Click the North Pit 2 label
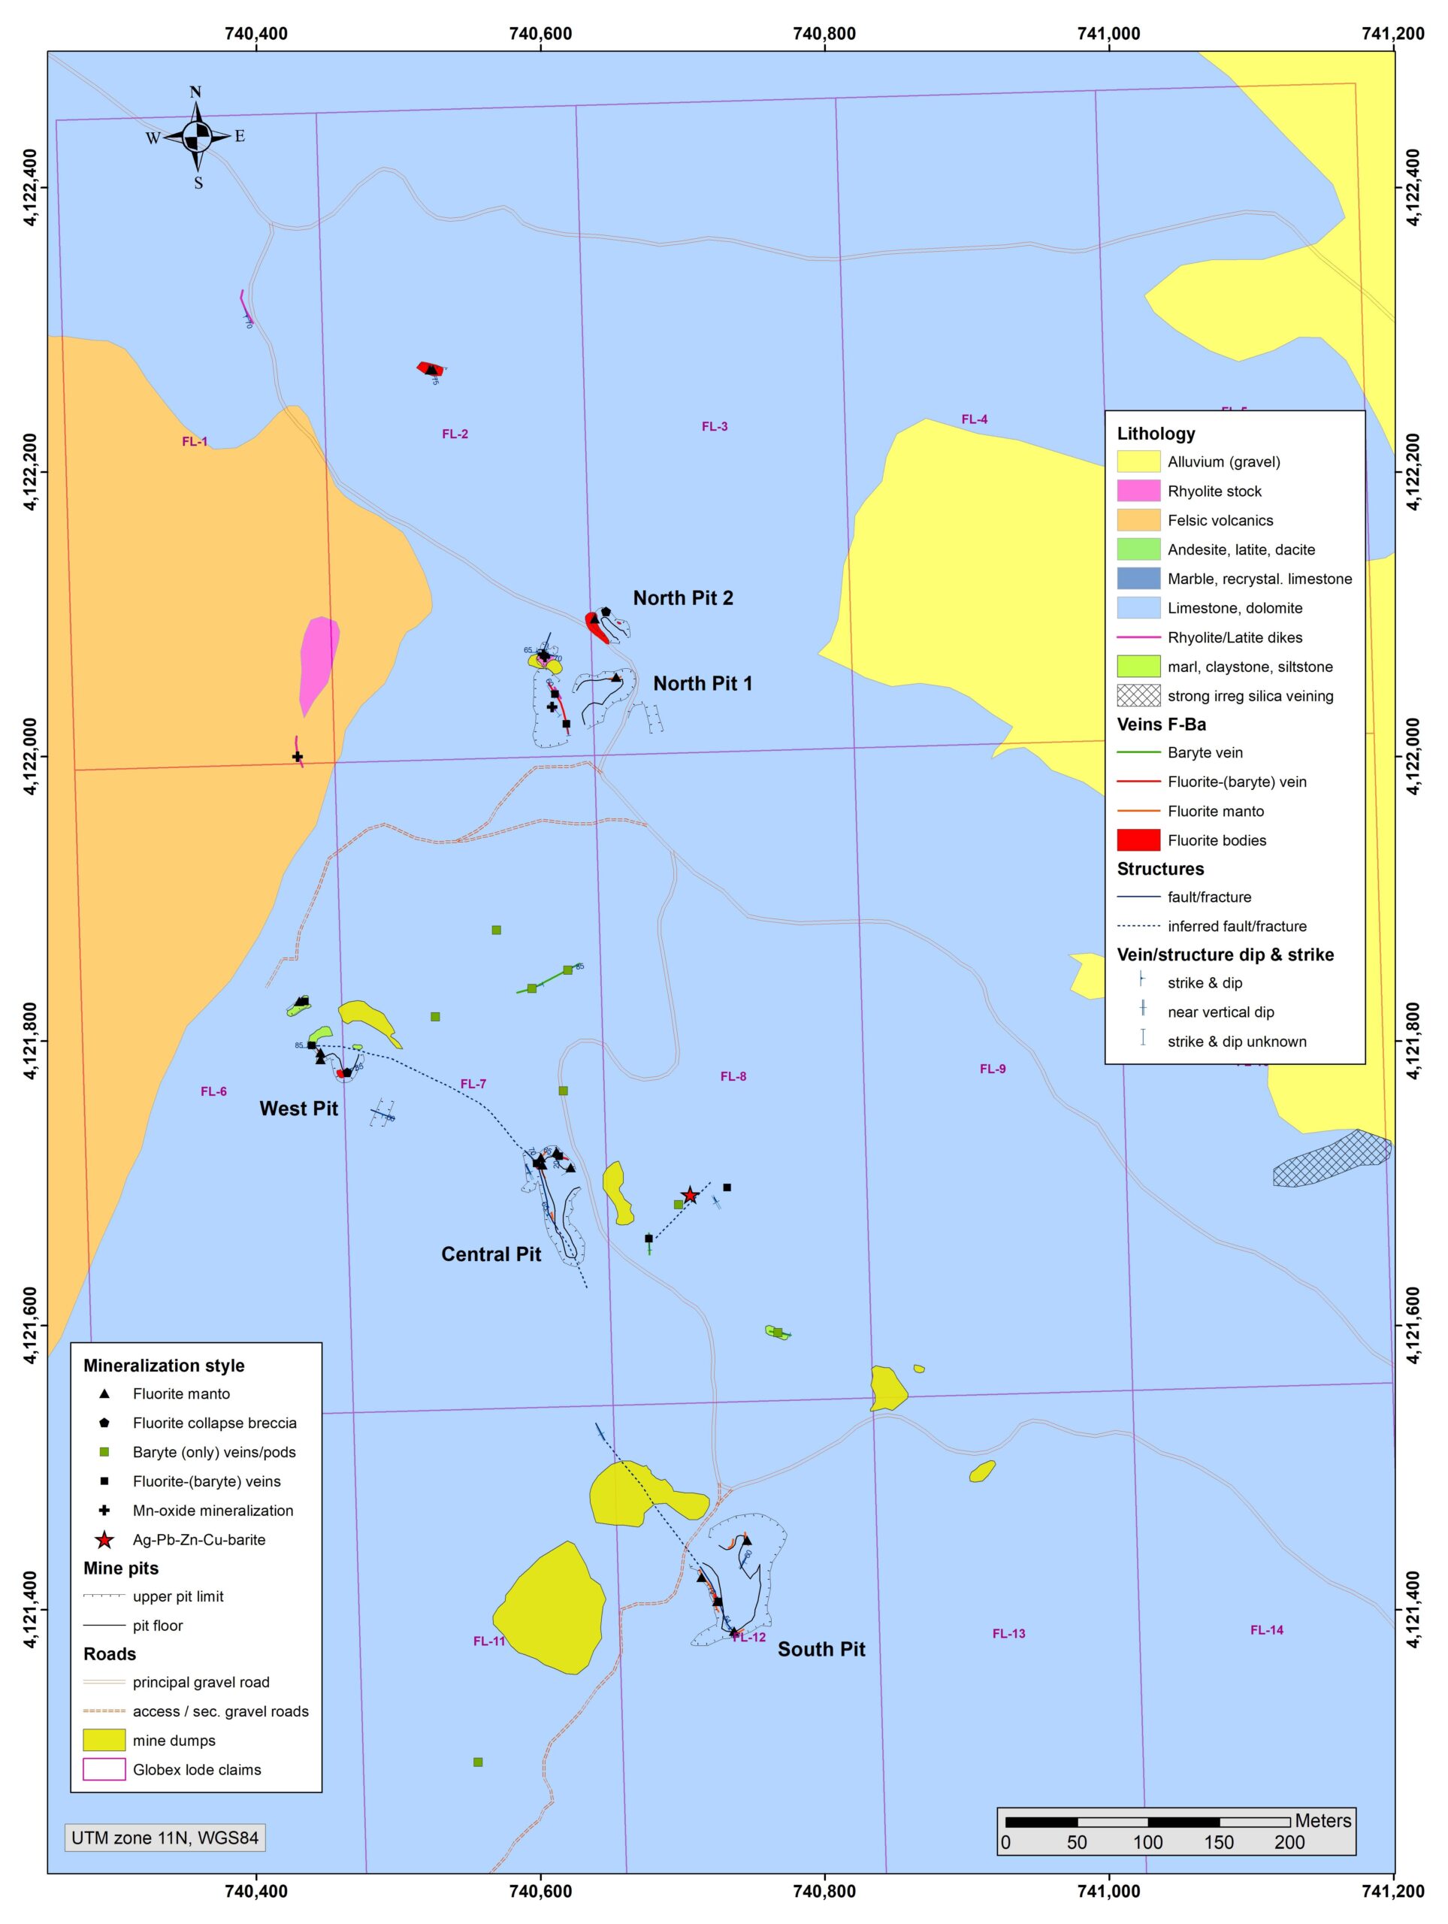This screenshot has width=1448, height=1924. point(683,597)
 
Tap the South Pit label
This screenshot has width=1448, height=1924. point(821,1649)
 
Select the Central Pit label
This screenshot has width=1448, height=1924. point(491,1254)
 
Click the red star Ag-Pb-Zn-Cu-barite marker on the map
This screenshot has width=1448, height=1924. point(690,1196)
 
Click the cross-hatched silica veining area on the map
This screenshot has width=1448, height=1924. point(1332,1160)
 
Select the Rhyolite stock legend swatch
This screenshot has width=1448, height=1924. point(1138,492)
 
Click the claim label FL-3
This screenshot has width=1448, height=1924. point(715,426)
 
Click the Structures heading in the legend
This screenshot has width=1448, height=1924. point(1160,869)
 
